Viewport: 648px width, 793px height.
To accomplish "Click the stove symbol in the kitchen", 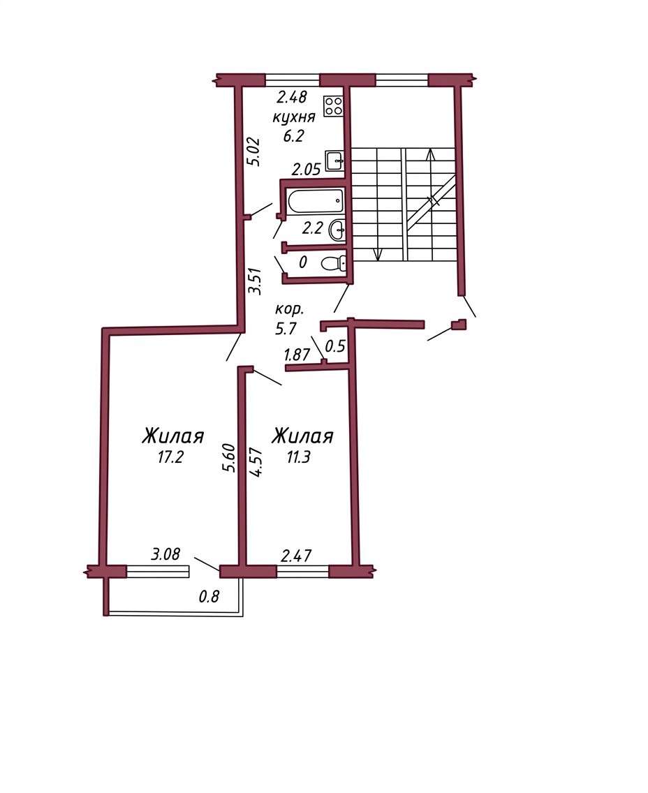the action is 334,108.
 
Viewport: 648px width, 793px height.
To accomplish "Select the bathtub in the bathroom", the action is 316,201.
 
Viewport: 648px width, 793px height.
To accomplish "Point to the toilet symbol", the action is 334,263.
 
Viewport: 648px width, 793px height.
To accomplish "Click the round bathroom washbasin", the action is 337,231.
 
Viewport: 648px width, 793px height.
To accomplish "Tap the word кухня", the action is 294,117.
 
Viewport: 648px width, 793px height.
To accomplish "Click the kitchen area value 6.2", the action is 293,135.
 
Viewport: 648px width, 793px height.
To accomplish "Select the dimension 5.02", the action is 253,151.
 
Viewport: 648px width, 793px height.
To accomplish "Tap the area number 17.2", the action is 170,458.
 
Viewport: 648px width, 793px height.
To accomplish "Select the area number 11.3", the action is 298,457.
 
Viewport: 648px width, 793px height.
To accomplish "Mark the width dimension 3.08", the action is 165,554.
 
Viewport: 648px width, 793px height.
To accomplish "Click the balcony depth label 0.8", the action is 208,597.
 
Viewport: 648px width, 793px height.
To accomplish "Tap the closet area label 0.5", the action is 335,346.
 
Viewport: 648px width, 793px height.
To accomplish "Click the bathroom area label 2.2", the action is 312,228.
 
